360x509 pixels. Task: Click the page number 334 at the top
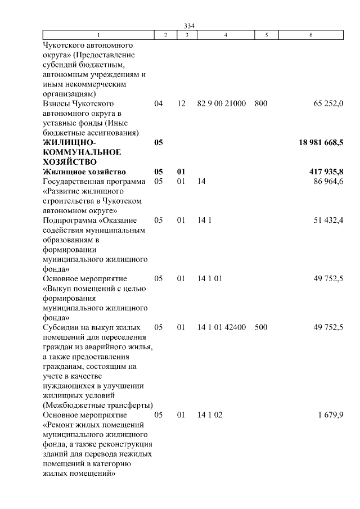click(189, 24)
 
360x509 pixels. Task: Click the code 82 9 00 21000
click(222, 104)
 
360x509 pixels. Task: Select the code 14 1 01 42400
click(222, 327)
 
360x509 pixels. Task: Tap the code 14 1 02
click(210, 415)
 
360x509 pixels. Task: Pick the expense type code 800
click(261, 104)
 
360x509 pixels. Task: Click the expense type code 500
click(261, 327)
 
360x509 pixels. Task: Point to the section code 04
click(159, 104)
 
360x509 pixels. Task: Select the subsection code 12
click(181, 104)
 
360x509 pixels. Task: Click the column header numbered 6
click(311, 35)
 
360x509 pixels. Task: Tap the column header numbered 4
click(226, 35)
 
